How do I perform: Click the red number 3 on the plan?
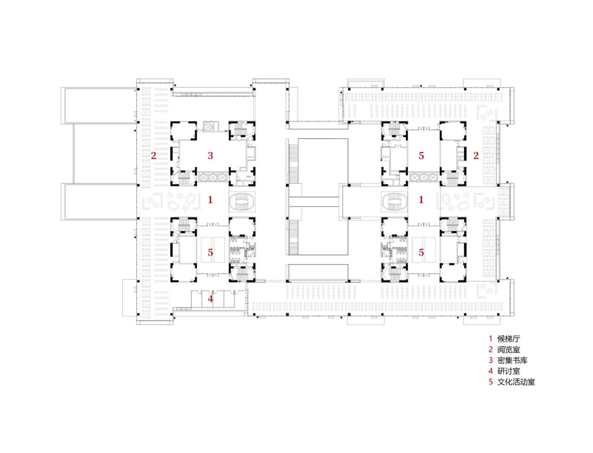210,156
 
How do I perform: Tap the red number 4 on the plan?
210,299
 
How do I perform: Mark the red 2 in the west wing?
153,156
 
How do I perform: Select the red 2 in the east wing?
475,156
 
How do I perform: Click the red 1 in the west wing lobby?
210,200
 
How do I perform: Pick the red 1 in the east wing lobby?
421,200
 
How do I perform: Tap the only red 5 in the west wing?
210,252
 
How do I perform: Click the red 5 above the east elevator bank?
421,156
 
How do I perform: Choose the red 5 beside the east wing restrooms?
421,252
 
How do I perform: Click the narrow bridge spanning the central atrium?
315,201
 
